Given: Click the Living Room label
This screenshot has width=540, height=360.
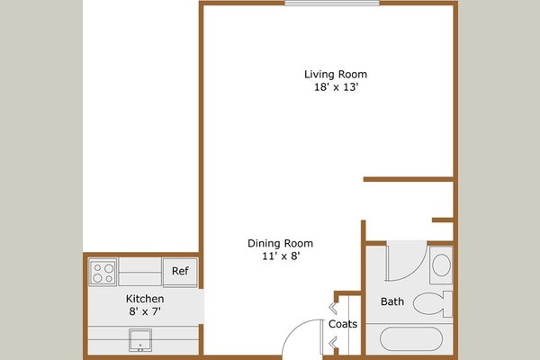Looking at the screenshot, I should coord(335,74).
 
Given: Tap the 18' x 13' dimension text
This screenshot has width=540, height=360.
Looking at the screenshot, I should coord(335,88).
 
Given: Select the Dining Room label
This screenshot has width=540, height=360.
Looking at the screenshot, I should coord(280,243).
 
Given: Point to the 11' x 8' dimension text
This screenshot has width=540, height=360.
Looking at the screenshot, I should coord(280,256).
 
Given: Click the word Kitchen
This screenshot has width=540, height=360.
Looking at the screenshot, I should coord(144,299).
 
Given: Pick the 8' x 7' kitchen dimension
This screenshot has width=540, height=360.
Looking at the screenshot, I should coord(144,312).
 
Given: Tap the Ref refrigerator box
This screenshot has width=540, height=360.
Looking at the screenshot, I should coord(180,271).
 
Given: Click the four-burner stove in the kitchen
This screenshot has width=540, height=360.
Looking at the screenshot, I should coord(103,271).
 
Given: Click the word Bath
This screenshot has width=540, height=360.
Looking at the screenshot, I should coord(392,301).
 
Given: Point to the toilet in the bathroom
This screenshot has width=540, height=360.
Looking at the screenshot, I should coord(436,303).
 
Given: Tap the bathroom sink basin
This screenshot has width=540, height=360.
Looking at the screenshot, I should coord(441,265).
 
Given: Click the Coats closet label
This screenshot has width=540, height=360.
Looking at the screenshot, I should coord(343,324).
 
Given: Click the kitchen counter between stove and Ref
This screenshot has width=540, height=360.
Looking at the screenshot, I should coord(139,271).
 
